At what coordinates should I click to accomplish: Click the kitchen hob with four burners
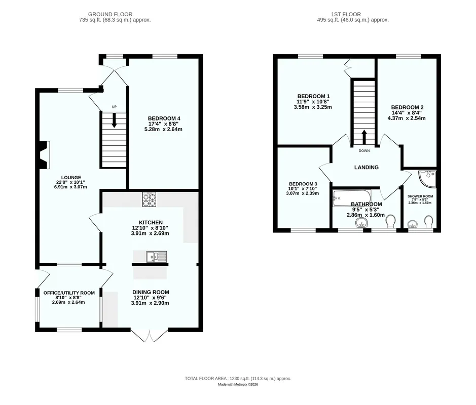pyautogui.click(x=149, y=199)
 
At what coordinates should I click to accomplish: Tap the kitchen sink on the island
pyautogui.click(x=157, y=257)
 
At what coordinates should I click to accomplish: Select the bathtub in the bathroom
pyautogui.click(x=352, y=198)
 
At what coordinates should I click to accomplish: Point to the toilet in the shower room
pyautogui.click(x=429, y=222)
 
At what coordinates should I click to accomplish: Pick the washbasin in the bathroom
pyautogui.click(x=361, y=223)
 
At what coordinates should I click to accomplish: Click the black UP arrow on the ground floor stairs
pyautogui.click(x=114, y=120)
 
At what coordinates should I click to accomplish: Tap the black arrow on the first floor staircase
pyautogui.click(x=364, y=137)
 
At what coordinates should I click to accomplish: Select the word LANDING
pyautogui.click(x=367, y=168)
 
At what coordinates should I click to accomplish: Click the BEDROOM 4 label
pyautogui.click(x=162, y=118)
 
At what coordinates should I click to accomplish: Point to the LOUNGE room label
pyautogui.click(x=71, y=178)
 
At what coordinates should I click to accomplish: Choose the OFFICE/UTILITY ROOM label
pyautogui.click(x=69, y=293)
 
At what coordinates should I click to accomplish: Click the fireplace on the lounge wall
pyautogui.click(x=45, y=155)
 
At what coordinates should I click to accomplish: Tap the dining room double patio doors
pyautogui.click(x=150, y=335)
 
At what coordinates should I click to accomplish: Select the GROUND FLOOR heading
pyautogui.click(x=110, y=14)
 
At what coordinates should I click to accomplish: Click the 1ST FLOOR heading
pyautogui.click(x=346, y=14)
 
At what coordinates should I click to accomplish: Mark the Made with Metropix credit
pyautogui.click(x=238, y=384)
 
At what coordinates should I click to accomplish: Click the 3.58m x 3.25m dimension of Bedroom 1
pyautogui.click(x=313, y=107)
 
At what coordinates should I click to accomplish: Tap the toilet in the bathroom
pyautogui.click(x=390, y=221)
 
